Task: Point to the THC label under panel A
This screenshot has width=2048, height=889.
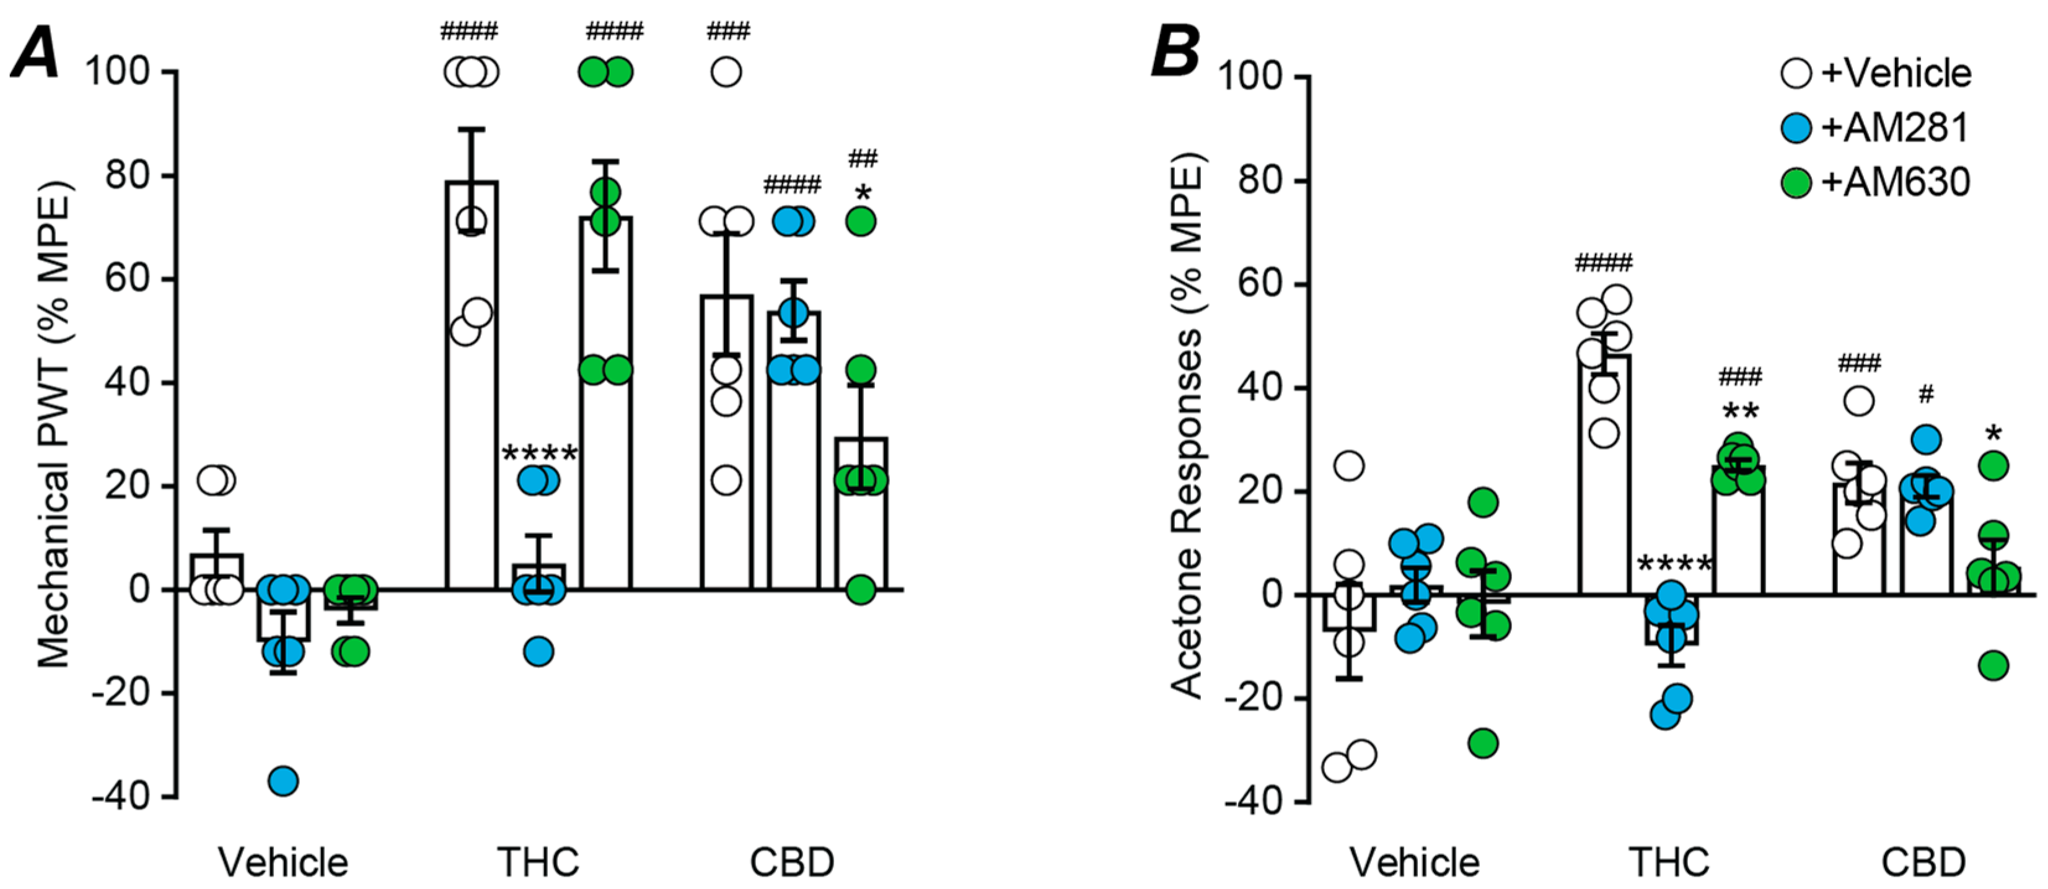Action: click(x=538, y=862)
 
